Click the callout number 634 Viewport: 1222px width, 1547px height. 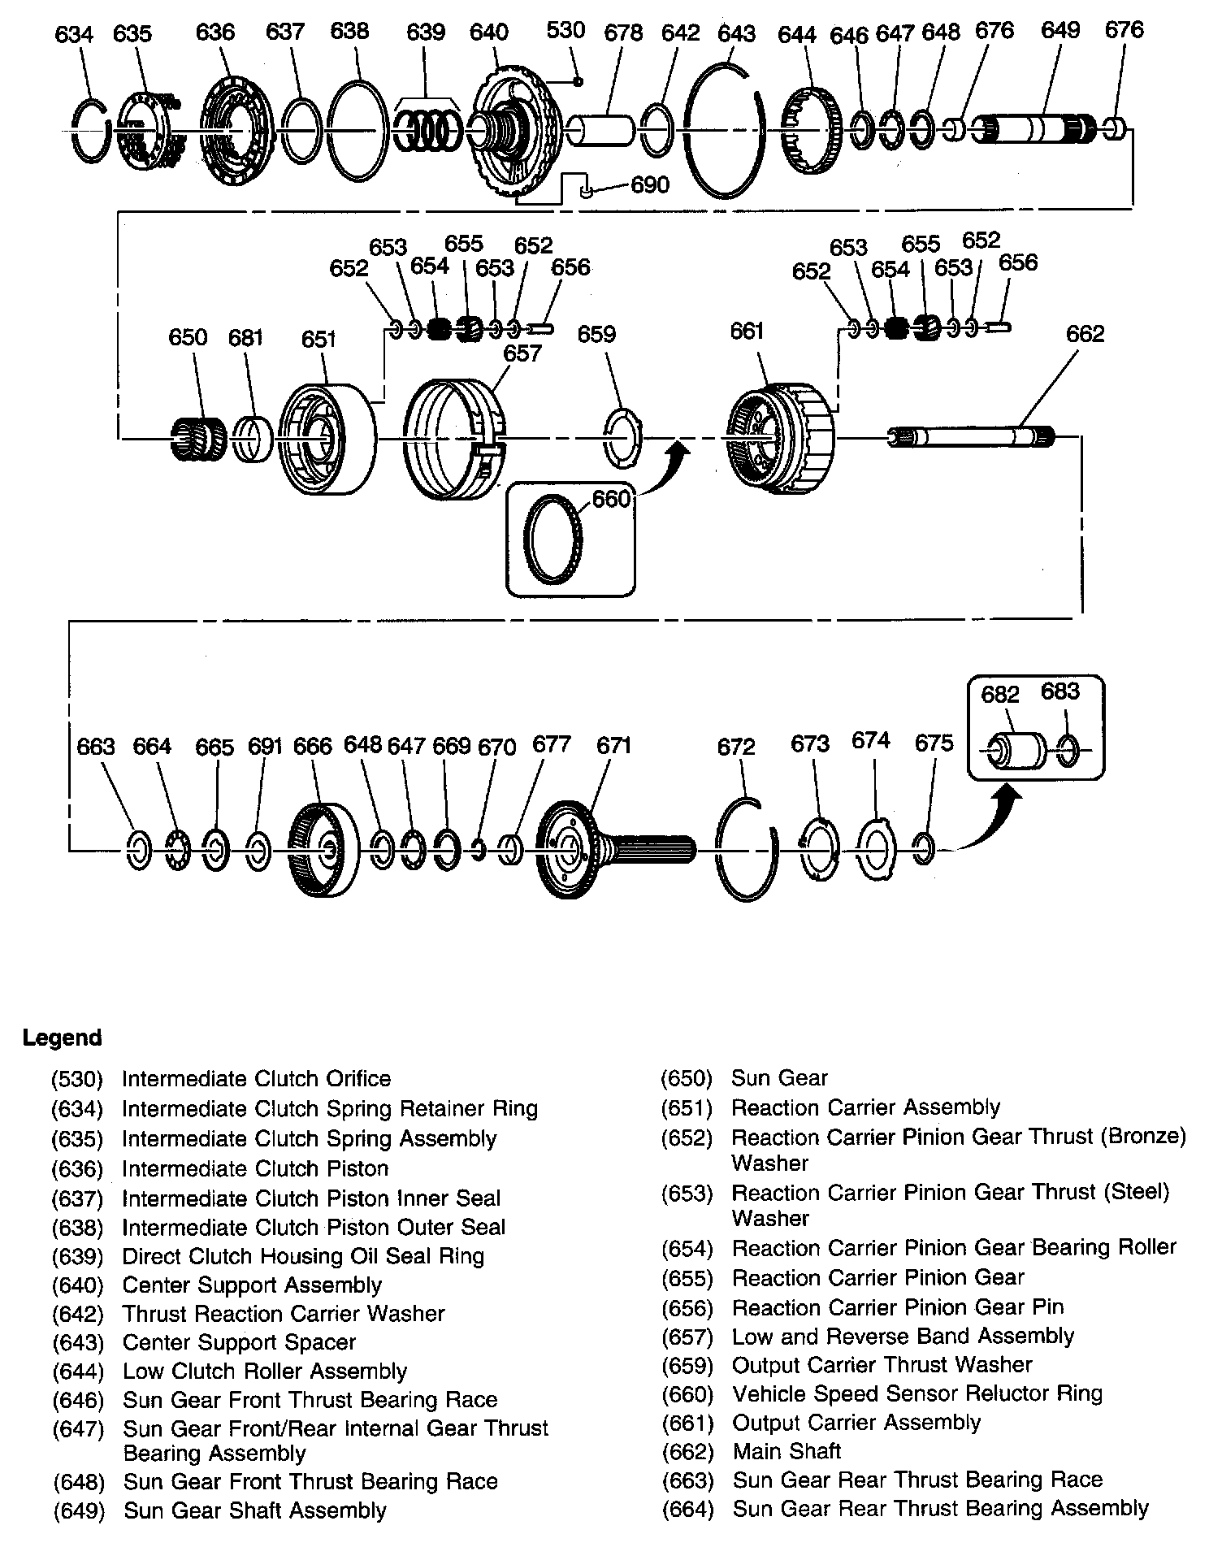click(74, 34)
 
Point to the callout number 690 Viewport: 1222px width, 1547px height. click(650, 185)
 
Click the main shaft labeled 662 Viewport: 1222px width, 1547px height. click(972, 437)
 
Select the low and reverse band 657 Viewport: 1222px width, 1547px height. click(455, 440)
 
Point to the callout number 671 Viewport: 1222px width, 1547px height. click(613, 746)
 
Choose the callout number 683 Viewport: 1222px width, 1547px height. click(1060, 691)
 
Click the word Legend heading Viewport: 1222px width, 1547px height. click(63, 1038)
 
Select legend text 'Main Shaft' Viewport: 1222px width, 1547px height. click(786, 1451)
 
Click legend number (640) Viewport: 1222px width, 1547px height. click(78, 1285)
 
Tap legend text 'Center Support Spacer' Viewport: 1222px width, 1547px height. click(239, 1342)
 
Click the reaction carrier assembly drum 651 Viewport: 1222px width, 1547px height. click(327, 440)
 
